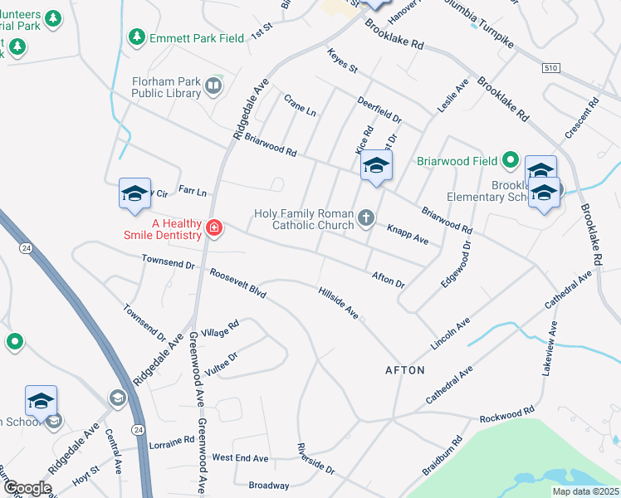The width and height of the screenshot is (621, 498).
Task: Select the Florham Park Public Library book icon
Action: [213, 86]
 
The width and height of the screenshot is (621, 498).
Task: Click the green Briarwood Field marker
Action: [511, 160]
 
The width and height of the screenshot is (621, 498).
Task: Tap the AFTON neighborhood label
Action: [404, 369]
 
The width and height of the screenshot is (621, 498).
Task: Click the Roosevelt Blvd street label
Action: [237, 283]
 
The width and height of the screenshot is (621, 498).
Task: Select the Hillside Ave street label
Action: [339, 303]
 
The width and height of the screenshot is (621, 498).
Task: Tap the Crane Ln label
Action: [300, 105]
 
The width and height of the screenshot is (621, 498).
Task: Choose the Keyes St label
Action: [341, 60]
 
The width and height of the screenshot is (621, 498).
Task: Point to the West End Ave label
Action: [240, 457]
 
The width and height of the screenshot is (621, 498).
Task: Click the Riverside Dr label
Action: [315, 459]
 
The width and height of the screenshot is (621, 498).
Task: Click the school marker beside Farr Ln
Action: [134, 193]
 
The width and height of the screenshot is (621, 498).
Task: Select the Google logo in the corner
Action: [27, 488]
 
